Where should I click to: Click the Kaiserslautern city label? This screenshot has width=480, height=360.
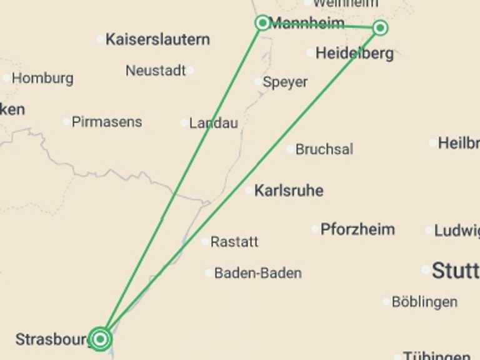click(x=157, y=39)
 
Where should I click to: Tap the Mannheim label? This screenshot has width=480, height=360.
click(x=307, y=24)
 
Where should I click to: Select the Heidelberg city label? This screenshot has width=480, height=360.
click(x=354, y=53)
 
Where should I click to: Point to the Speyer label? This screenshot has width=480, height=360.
click(x=285, y=82)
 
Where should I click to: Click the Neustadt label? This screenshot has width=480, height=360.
click(x=156, y=71)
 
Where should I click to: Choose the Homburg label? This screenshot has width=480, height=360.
click(x=42, y=79)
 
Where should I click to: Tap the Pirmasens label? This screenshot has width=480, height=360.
click(x=107, y=122)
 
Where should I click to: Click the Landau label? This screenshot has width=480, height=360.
click(x=213, y=123)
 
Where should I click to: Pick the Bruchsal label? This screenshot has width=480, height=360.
click(x=324, y=149)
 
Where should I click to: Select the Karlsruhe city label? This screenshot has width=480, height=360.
click(x=289, y=191)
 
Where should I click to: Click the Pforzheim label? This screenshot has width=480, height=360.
click(x=357, y=229)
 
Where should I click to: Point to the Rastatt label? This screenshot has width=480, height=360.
click(x=234, y=242)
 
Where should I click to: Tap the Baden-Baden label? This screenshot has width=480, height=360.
click(x=257, y=273)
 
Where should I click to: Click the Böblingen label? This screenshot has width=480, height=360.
click(x=424, y=302)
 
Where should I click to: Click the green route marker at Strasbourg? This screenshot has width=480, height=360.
click(x=100, y=339)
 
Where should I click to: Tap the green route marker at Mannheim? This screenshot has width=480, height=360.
click(x=262, y=23)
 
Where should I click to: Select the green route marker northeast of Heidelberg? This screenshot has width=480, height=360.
click(x=380, y=27)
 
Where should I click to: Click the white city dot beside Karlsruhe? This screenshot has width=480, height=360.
click(x=249, y=191)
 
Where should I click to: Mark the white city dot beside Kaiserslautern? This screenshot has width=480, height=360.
click(x=100, y=39)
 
